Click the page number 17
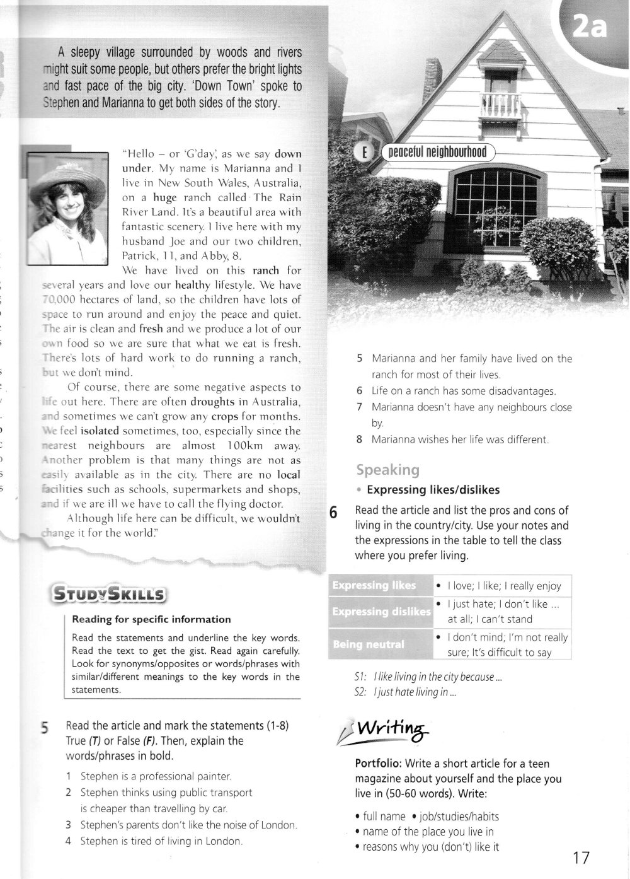pos(581,858)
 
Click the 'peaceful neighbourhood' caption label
pos(437,152)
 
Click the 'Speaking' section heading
pos(387,469)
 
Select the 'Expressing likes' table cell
pos(374,585)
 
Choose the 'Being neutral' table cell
pos(369,644)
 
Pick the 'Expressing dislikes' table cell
pos(381,612)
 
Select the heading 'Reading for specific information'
pos(151,619)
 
